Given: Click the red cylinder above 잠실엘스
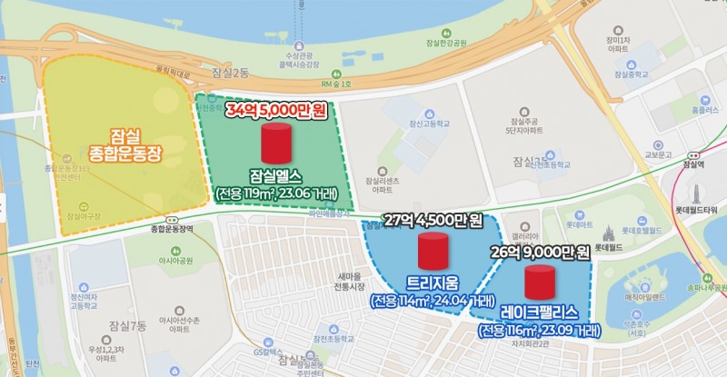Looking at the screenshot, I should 275,144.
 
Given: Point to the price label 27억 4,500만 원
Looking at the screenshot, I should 433,220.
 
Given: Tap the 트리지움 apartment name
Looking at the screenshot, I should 433,282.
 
